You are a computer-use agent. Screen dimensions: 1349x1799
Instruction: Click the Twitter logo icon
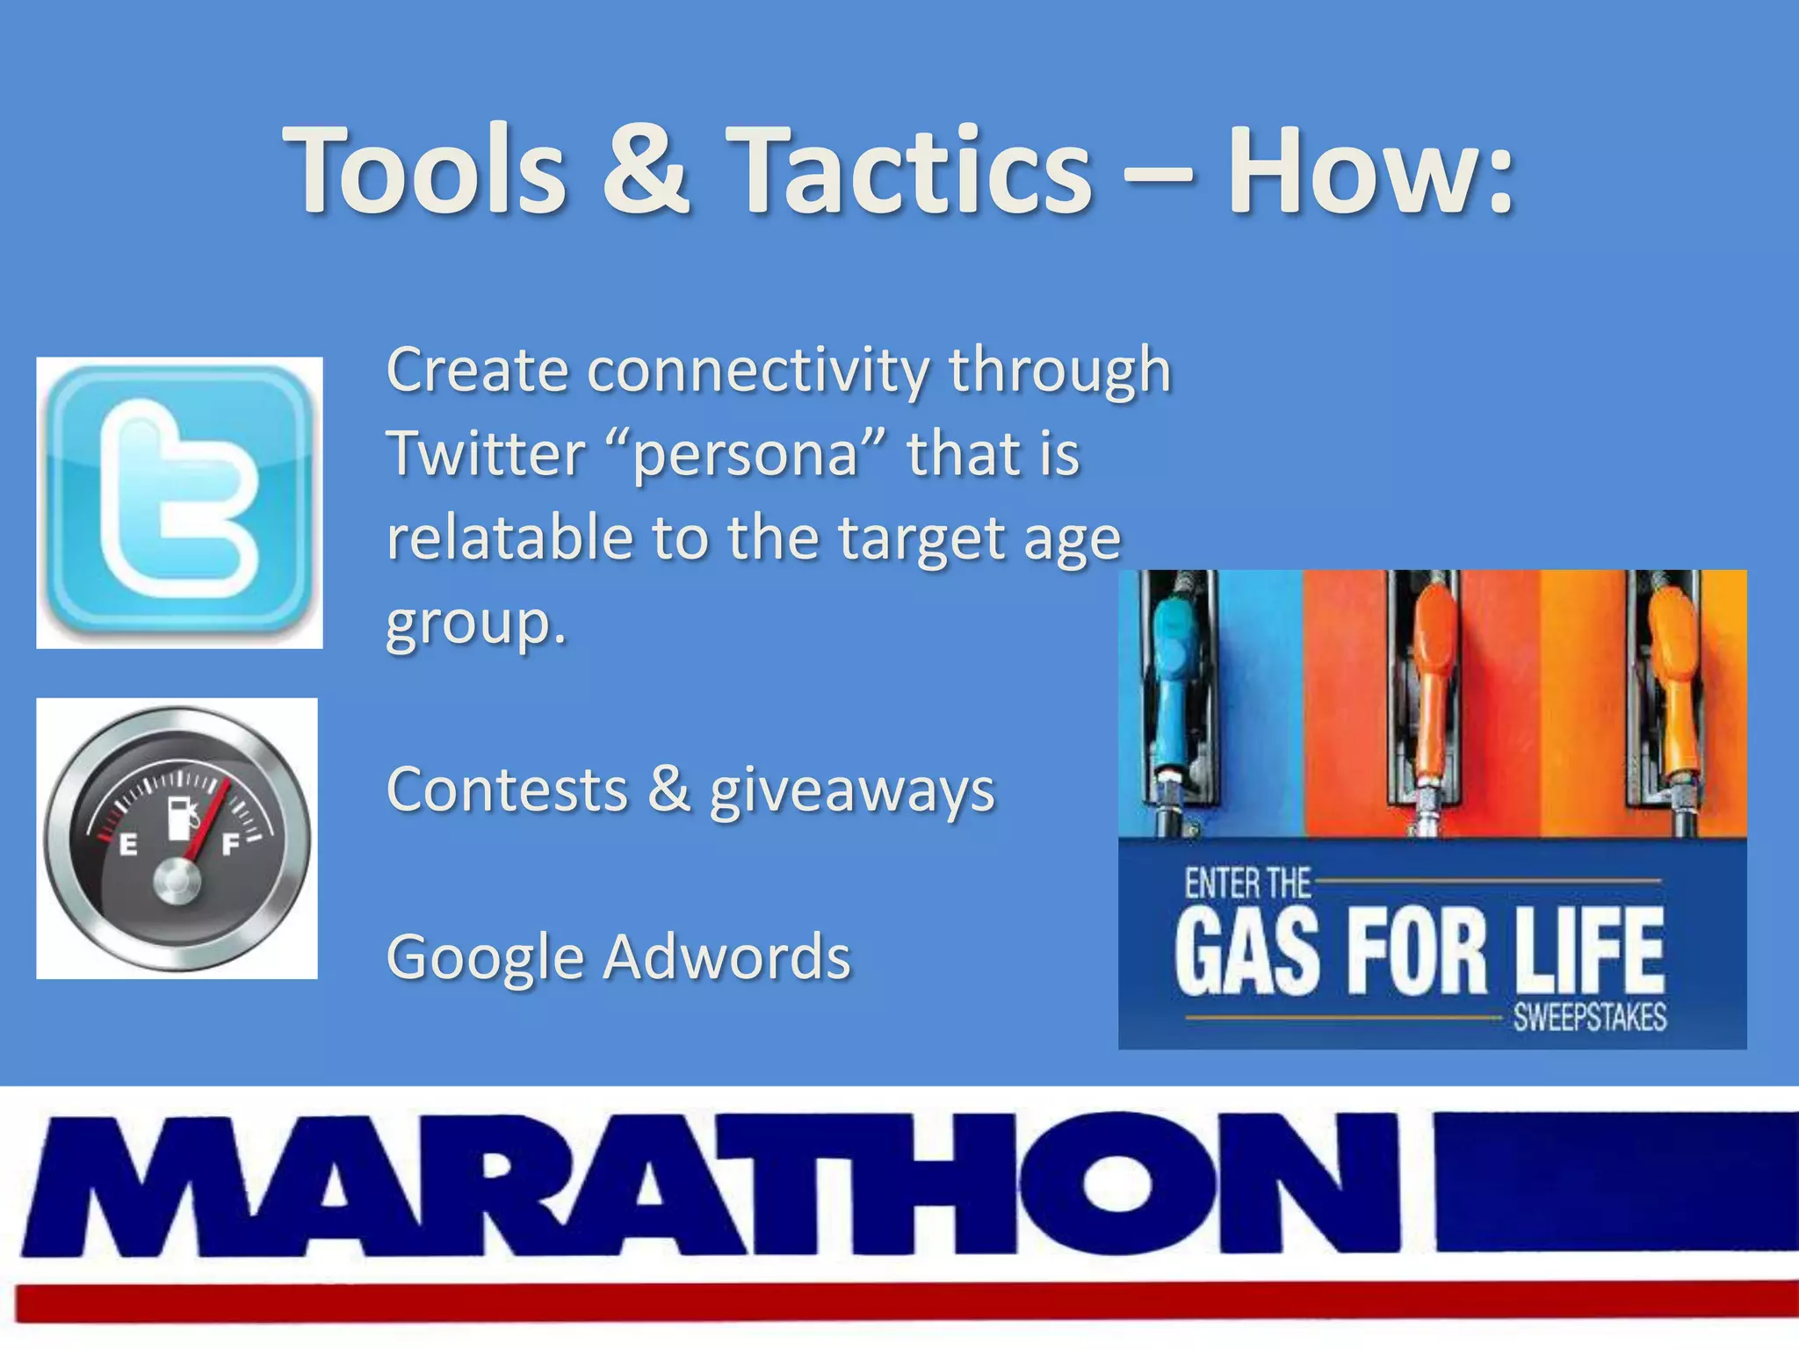pos(179,502)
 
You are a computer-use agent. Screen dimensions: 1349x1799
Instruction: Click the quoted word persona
pos(745,455)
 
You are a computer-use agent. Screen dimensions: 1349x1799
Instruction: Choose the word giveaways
pos(852,790)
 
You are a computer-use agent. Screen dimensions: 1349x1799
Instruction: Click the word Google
pos(485,957)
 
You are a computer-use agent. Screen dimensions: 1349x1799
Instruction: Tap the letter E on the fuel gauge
pos(128,845)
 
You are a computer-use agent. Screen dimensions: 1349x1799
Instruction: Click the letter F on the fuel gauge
pos(230,845)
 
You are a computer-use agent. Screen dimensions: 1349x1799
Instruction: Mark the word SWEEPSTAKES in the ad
pos(1589,1018)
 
